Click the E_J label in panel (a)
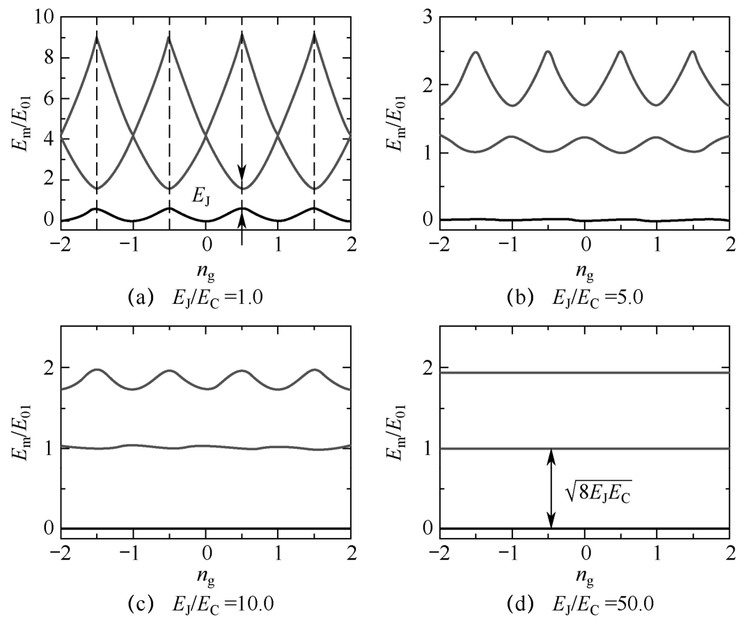click(x=202, y=199)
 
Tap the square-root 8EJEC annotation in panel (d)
click(x=593, y=495)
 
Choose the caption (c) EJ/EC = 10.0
click(x=198, y=602)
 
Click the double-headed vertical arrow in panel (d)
click(x=551, y=488)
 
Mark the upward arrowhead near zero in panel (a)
click(x=242, y=220)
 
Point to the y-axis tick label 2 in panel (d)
click(x=428, y=368)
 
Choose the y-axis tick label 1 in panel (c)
click(x=47, y=448)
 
